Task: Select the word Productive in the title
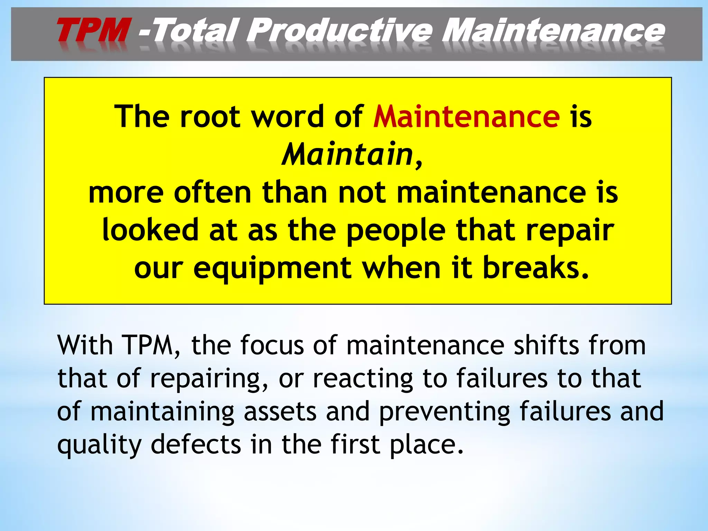tap(339, 31)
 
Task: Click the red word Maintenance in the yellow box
tap(466, 117)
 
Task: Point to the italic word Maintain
tap(347, 154)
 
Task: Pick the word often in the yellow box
tap(212, 193)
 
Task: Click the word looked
tap(150, 230)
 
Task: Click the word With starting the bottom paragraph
tap(85, 345)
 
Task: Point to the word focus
tap(272, 345)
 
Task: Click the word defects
tap(196, 445)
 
